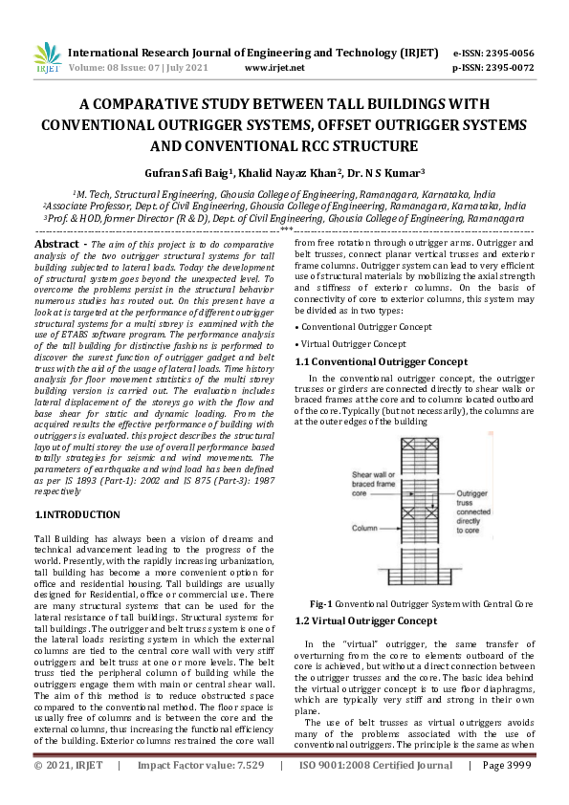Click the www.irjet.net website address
pos(274,68)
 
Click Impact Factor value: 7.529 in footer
pos(200,793)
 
